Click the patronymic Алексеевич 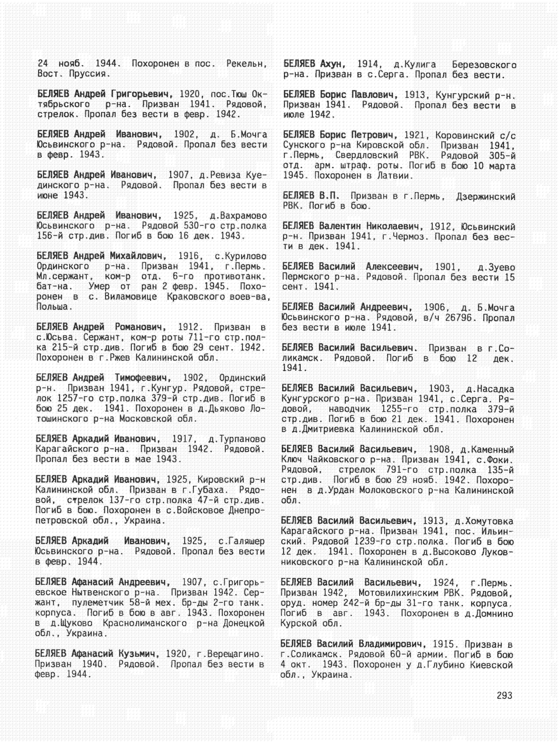pos(394,267)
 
